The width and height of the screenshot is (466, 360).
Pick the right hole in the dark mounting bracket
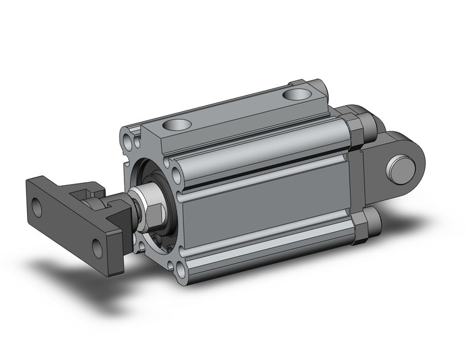coord(97,248)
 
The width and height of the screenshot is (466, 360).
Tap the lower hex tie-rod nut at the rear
coord(362,228)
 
